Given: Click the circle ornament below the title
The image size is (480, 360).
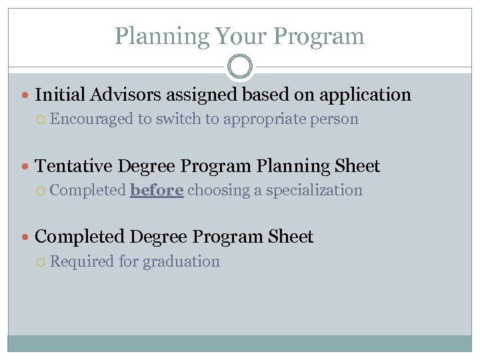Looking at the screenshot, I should (x=240, y=67).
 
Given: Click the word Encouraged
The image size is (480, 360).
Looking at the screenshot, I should (x=92, y=119).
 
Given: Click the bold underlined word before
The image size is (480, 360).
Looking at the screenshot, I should (x=157, y=190).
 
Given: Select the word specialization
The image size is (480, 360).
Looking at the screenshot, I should (x=314, y=190).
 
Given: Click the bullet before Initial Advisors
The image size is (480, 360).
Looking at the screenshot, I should (x=25, y=95).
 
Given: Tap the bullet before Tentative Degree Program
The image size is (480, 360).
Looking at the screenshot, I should (x=25, y=166).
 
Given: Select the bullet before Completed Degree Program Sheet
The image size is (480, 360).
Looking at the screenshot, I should (x=25, y=237).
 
